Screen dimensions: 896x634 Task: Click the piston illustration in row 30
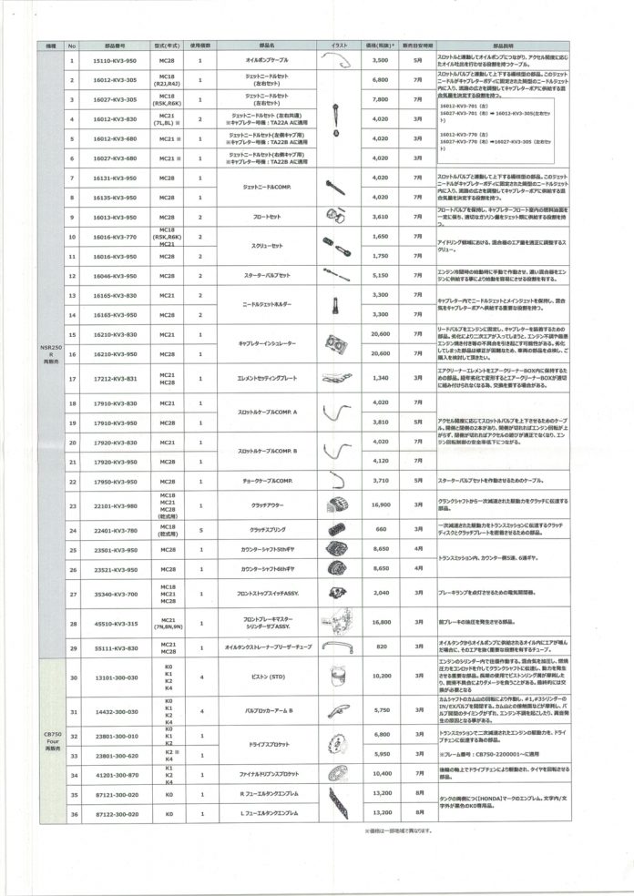pos(336,677)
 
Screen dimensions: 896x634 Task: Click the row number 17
pos(72,378)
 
